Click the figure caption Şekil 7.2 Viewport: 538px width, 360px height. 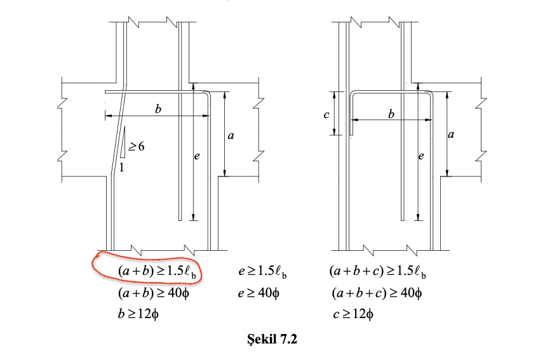(x=272, y=339)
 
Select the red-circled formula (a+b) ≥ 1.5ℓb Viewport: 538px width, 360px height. (x=158, y=272)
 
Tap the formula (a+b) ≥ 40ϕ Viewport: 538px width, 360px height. (x=153, y=293)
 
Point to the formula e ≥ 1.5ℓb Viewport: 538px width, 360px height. (x=262, y=272)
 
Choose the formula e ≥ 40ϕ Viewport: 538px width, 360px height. (x=259, y=293)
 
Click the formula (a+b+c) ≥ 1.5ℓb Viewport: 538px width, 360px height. (x=378, y=272)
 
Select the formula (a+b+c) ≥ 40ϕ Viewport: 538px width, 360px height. (x=377, y=293)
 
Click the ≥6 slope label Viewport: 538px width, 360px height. (x=136, y=147)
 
